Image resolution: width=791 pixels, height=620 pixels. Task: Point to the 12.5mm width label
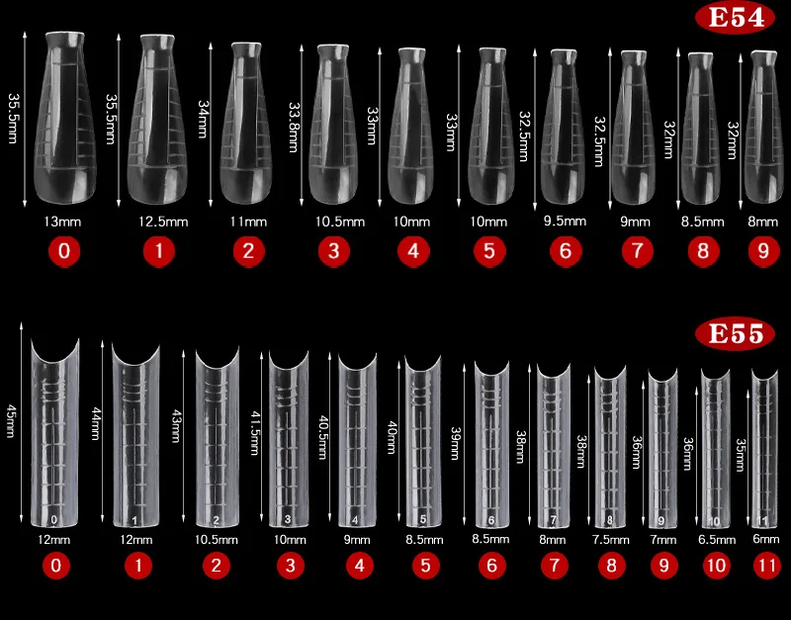[x=158, y=222]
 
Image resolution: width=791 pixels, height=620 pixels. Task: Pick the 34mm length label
[x=203, y=119]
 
